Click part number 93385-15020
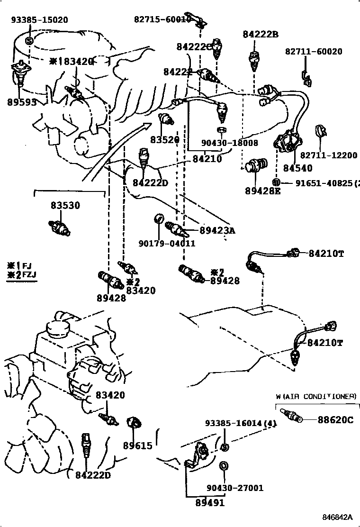pos(39,20)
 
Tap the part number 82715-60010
pos(162,19)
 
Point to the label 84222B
pos(261,34)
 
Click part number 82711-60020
pos(313,52)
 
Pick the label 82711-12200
pos(328,155)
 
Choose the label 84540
pos(297,168)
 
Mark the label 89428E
pos(263,191)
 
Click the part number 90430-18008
pos(229,143)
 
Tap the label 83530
pos(65,206)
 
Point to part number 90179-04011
pos(167,243)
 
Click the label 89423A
pos(217,231)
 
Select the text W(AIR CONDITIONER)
pos(315,396)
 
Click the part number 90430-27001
pos(235,488)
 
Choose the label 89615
pos(138,445)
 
